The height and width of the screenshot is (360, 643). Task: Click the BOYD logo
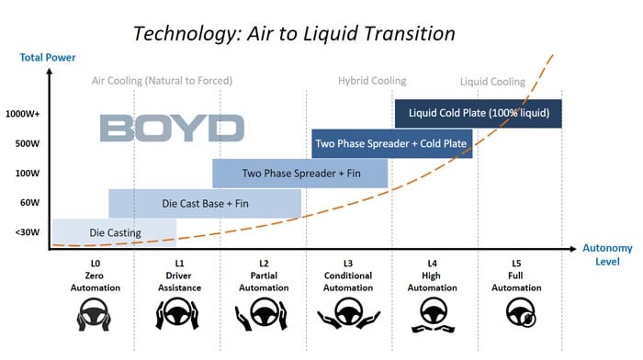click(172, 128)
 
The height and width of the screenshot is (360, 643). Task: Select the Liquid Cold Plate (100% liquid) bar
click(478, 113)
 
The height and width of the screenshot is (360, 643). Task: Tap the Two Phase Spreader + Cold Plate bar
click(392, 143)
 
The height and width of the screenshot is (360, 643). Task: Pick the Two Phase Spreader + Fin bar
click(300, 173)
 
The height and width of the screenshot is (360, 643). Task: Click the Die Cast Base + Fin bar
click(205, 203)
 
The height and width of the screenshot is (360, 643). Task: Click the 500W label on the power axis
click(28, 143)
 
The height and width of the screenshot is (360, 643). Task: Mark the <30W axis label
click(28, 231)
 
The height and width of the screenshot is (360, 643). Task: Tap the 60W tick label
click(29, 202)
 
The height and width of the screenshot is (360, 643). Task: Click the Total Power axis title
click(48, 59)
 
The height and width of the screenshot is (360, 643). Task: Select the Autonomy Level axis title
click(606, 254)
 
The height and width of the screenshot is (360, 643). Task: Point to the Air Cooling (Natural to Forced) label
click(163, 81)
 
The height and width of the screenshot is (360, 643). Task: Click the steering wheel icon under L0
click(90, 317)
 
